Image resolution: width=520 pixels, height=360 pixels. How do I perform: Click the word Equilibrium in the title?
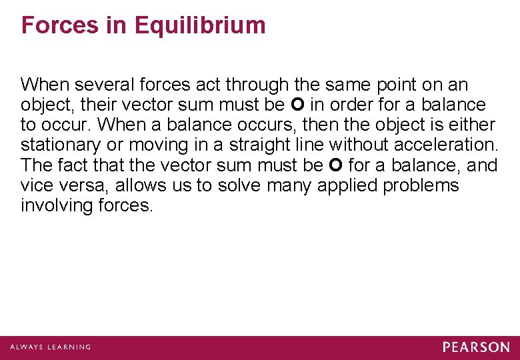click(200, 25)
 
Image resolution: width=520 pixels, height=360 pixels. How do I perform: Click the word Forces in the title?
click(59, 25)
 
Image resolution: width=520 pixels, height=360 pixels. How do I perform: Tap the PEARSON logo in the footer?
click(475, 347)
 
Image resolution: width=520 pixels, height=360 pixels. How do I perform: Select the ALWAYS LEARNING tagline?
click(50, 347)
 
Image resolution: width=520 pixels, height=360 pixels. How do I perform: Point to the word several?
click(102, 85)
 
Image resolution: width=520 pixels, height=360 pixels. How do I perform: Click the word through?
click(256, 85)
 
